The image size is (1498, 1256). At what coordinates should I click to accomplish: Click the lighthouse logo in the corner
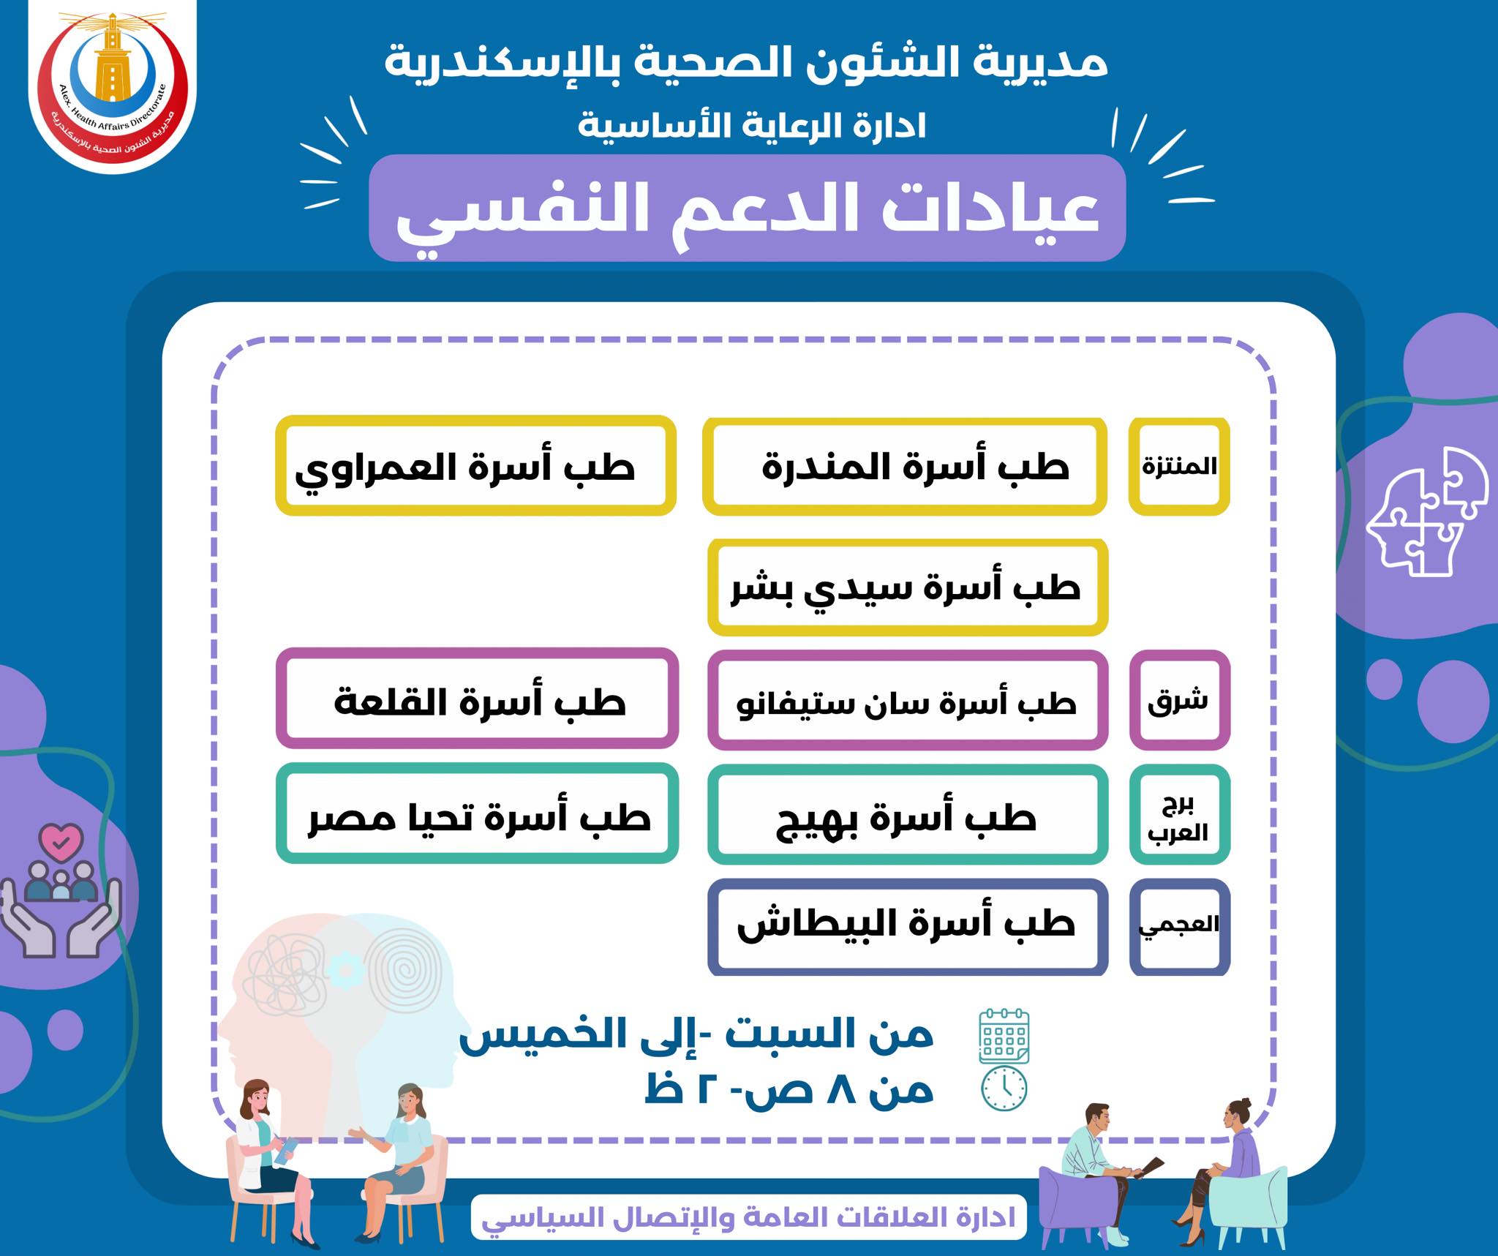tap(113, 89)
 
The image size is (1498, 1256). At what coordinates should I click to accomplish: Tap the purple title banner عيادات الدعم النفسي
tap(747, 208)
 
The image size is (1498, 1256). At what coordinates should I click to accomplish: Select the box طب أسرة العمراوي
tap(475, 466)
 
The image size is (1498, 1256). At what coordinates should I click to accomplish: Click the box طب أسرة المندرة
tap(905, 466)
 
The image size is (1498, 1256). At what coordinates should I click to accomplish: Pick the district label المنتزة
tap(1179, 466)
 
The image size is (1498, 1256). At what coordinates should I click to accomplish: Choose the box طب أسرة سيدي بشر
tap(908, 587)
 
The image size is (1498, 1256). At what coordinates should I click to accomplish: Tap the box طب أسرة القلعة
tap(477, 699)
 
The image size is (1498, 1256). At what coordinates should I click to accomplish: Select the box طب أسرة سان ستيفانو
tap(908, 700)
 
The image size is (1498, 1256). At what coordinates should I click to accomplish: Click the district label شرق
tap(1180, 700)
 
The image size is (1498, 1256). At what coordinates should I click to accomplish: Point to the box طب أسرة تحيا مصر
tap(477, 813)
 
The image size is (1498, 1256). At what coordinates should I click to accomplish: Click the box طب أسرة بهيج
tap(908, 815)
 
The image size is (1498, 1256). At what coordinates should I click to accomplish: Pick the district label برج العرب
tap(1180, 815)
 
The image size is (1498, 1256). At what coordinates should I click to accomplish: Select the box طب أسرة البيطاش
tap(908, 927)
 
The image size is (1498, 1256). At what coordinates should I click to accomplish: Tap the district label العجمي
tap(1180, 927)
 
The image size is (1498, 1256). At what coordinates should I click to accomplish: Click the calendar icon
tap(1004, 1035)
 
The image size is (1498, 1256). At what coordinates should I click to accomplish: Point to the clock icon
tap(1004, 1088)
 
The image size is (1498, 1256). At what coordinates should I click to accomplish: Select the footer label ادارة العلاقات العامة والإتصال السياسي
tap(748, 1217)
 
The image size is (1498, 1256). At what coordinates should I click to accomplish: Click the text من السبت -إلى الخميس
tap(696, 1034)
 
